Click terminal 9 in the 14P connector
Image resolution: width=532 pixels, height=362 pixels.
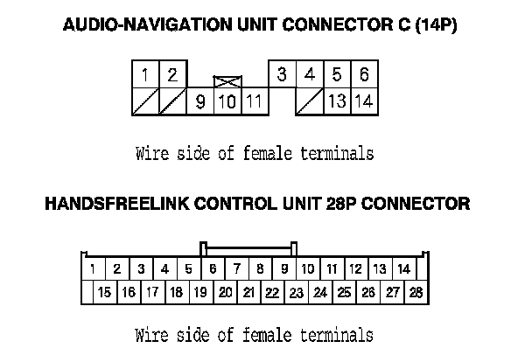(x=200, y=101)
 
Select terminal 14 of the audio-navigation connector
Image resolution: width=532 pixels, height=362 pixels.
(x=364, y=101)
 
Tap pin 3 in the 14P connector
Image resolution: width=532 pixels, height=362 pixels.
(x=281, y=75)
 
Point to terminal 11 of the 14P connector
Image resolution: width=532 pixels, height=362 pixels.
(x=254, y=101)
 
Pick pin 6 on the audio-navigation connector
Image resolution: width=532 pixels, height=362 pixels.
(x=364, y=75)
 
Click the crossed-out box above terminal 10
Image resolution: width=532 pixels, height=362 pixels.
(x=227, y=81)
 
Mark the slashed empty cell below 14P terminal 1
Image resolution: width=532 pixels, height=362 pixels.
(x=144, y=101)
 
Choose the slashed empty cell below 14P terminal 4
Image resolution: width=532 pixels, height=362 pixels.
(x=309, y=101)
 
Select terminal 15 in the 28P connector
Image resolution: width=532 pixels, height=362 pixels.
(x=104, y=292)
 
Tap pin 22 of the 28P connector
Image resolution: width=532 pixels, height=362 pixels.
(x=272, y=292)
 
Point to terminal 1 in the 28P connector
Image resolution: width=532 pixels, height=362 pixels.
(x=93, y=268)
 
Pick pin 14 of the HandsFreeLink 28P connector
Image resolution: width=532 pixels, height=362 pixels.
(x=403, y=268)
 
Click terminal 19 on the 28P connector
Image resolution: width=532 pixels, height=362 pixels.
(x=200, y=292)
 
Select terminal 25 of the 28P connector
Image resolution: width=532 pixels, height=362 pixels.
(x=344, y=292)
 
